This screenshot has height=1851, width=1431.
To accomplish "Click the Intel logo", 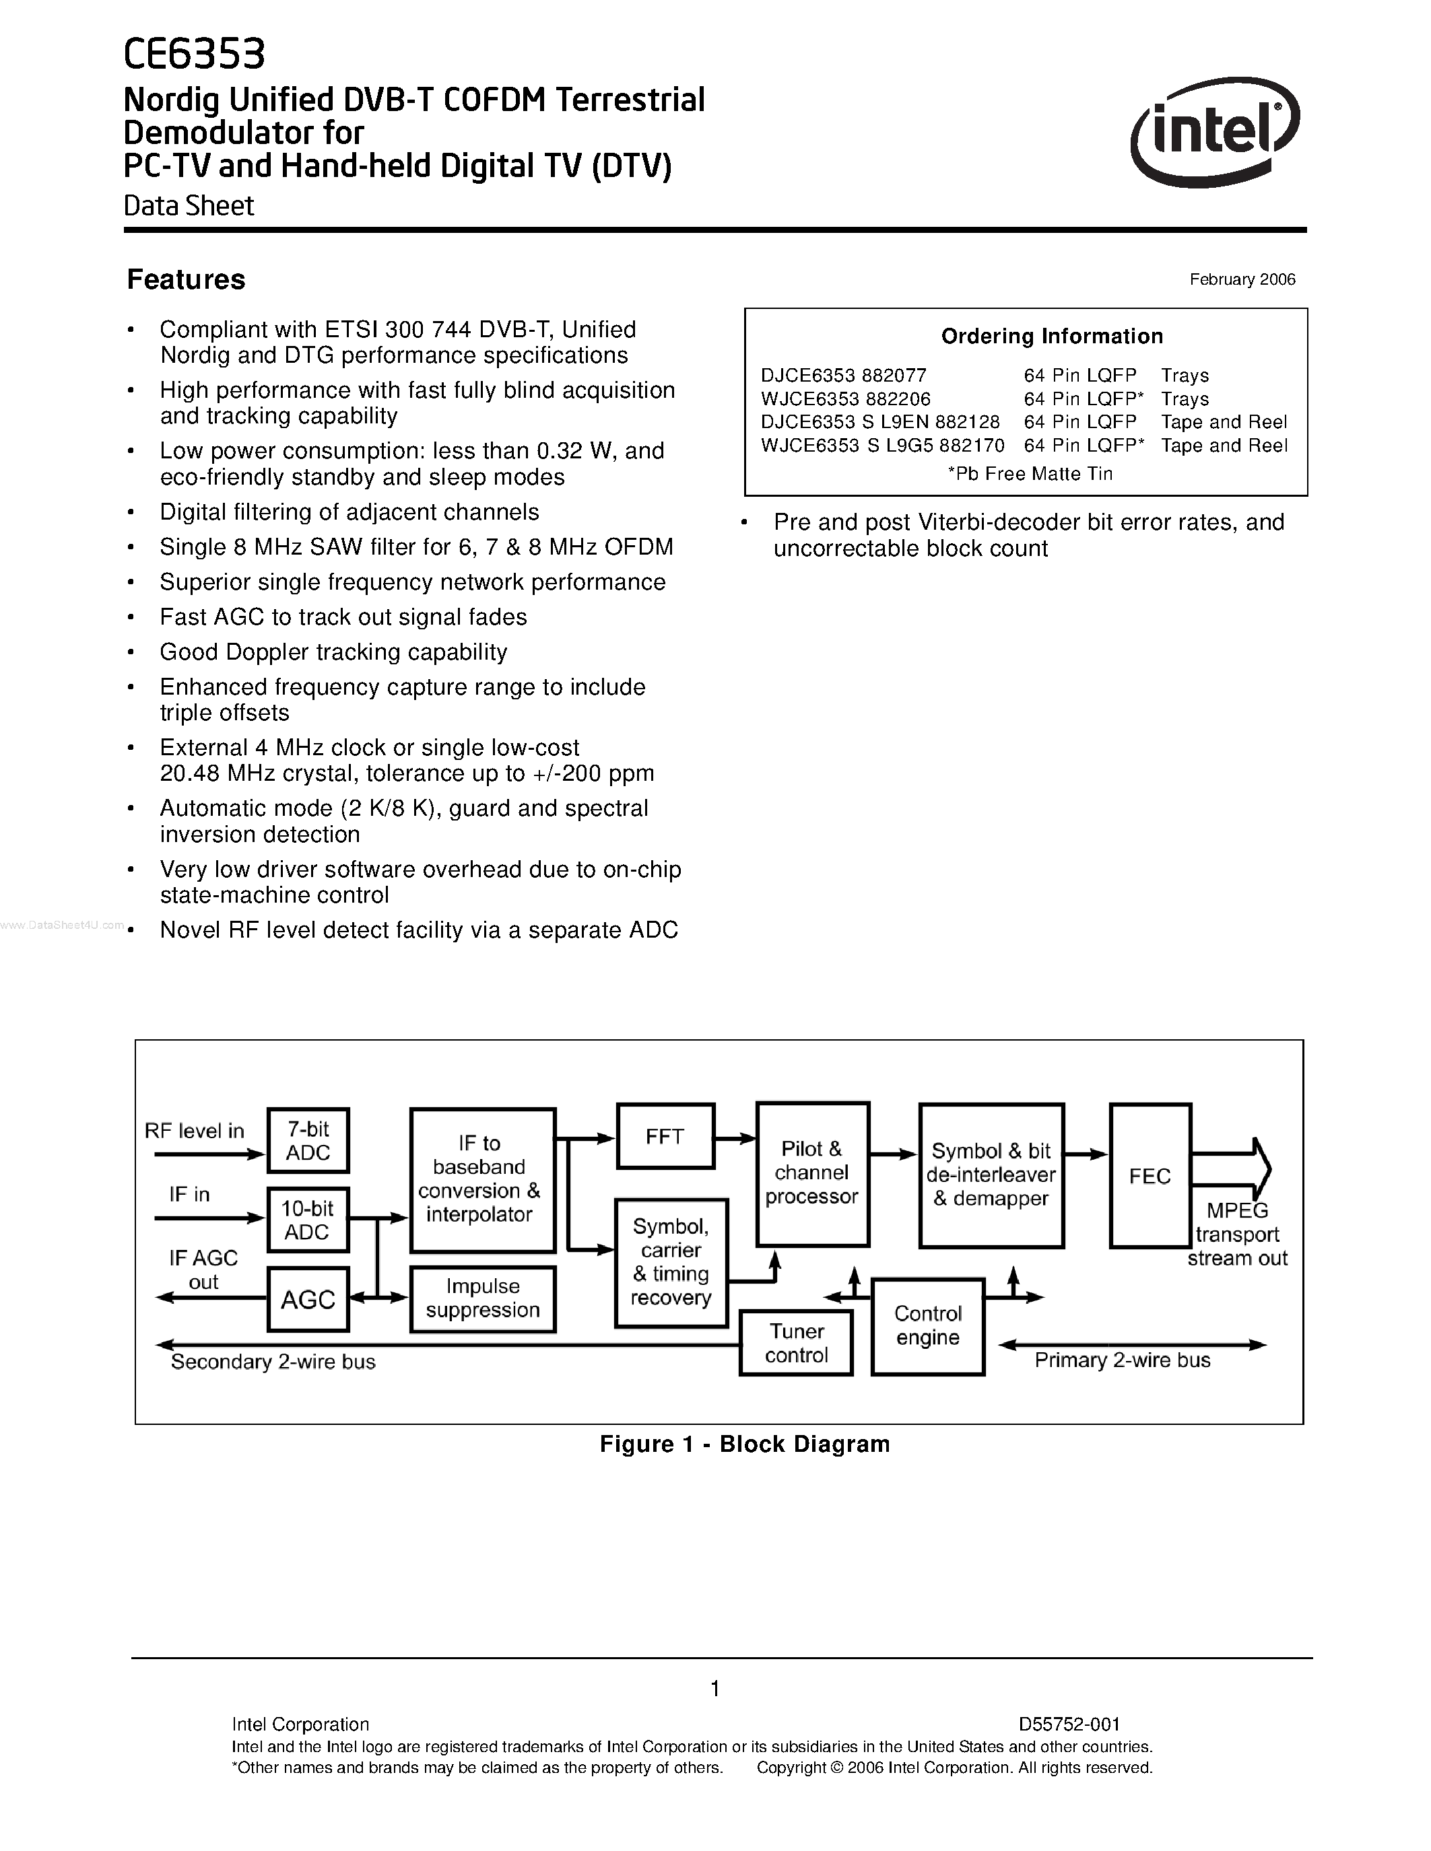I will tap(1214, 131).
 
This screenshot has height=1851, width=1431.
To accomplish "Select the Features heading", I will tap(186, 280).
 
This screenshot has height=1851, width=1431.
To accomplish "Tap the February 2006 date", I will tap(1242, 280).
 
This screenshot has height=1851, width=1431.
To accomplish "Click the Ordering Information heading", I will tap(1051, 337).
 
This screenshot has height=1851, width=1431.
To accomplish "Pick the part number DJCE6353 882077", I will tap(844, 376).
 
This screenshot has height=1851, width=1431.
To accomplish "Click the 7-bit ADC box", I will tap(308, 1141).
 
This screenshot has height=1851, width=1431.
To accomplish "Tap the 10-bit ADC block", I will tap(308, 1220).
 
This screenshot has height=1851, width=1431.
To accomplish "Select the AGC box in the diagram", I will tap(308, 1299).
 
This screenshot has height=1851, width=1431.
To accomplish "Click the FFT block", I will tap(665, 1137).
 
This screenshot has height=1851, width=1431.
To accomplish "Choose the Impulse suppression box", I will tap(482, 1298).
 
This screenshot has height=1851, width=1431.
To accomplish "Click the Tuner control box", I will tap(796, 1343).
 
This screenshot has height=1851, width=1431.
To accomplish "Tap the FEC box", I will tap(1150, 1177).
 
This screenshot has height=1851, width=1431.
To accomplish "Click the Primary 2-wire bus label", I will tap(1123, 1360).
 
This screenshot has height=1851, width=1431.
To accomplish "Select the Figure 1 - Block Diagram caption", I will tap(744, 1444).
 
